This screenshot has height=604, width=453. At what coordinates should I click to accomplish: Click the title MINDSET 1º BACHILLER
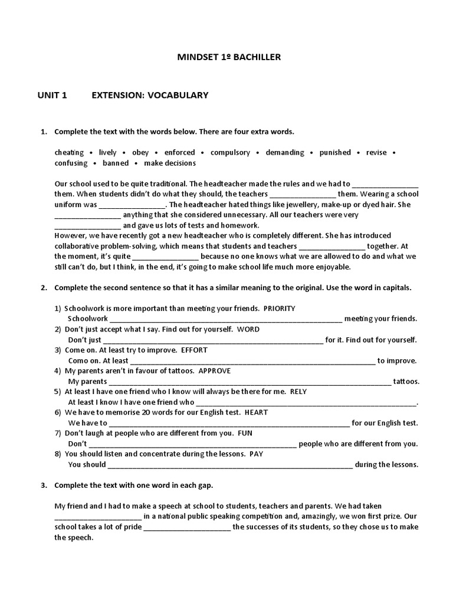(229, 57)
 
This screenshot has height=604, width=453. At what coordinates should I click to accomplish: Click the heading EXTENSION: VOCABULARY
(150, 95)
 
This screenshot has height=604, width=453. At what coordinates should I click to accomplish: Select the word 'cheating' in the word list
(69, 152)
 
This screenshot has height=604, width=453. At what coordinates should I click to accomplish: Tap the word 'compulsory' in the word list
(230, 152)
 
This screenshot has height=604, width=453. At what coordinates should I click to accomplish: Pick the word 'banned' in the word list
(116, 163)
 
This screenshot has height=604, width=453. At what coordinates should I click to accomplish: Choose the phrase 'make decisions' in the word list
(170, 163)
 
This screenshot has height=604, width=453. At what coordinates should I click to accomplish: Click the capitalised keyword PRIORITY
(279, 308)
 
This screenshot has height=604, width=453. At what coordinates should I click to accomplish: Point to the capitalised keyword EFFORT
(194, 350)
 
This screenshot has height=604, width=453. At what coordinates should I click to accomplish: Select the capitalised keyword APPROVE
(214, 371)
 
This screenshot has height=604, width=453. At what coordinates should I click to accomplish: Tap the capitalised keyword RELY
(298, 392)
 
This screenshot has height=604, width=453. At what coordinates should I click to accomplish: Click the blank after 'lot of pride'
(187, 527)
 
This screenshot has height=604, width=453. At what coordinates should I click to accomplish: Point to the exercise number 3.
(44, 485)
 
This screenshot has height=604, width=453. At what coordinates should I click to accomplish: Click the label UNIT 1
(52, 95)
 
